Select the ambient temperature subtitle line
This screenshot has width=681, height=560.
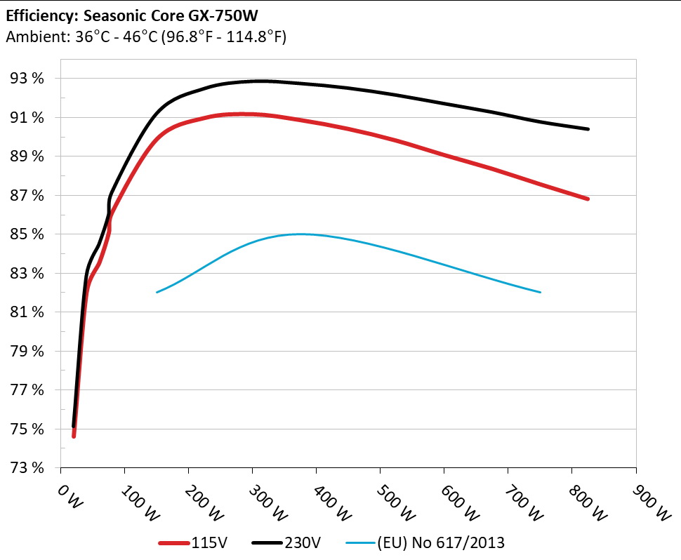point(145,37)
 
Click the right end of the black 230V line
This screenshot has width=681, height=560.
point(588,129)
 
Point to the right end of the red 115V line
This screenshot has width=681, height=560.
point(588,199)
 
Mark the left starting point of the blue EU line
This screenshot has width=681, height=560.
point(157,292)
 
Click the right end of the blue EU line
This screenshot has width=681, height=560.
point(540,292)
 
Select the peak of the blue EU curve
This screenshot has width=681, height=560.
point(300,234)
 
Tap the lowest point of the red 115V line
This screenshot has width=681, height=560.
point(74,436)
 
